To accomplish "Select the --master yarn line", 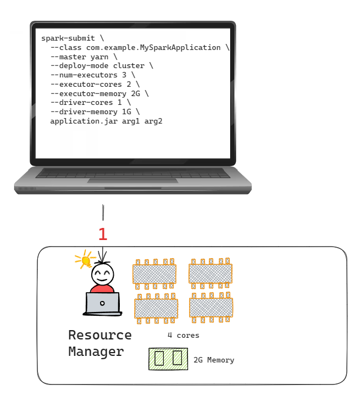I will pos(84,57).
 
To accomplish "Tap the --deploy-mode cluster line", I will pos(102,66).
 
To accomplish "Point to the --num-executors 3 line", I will pos(92,75).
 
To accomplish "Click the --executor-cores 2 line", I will pos(95,84).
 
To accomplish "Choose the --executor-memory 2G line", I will pos(99,93).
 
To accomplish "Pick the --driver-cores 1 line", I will pos(90,102).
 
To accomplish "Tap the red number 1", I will pos(103,235).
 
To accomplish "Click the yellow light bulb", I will pos(84,259).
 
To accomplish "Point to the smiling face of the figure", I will pos(102,274).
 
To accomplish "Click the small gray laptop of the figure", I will pos(102,304).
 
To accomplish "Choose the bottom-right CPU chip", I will pos(211,308).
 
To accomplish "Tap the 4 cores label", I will pos(184,335).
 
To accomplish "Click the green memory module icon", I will pos(168,359).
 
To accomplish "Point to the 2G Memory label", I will pos(214,360).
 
